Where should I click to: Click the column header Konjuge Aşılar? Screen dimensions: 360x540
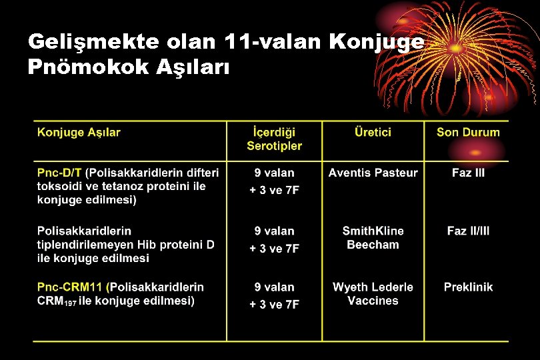pos(79,132)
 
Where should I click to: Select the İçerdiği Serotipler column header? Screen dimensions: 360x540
pos(274,139)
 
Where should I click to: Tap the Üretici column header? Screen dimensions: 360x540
pos(373,132)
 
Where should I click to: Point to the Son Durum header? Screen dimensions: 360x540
pos(468,132)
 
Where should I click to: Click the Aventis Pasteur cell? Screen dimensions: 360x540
pos(373,173)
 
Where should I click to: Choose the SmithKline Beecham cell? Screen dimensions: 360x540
pos(373,237)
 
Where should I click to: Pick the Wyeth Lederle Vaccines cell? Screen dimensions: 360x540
pos(373,293)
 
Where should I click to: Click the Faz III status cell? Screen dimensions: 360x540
pos(468,173)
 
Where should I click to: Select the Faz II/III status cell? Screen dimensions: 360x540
pos(468,231)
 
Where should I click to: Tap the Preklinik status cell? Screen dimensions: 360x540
pos(468,287)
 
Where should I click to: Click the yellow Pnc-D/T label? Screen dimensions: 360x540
pos(59,173)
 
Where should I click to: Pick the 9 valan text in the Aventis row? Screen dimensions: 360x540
pos(274,173)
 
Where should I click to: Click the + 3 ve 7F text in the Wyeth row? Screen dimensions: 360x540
pos(274,305)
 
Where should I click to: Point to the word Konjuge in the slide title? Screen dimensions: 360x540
pos(377,42)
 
